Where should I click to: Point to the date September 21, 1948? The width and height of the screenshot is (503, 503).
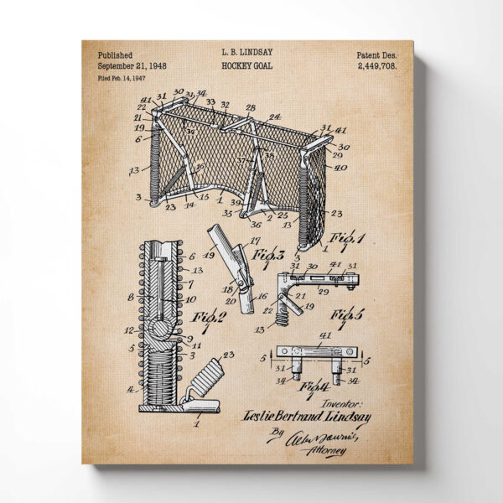132,65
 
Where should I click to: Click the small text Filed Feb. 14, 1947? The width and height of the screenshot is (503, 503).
122,77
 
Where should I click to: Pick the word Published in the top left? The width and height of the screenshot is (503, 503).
115,54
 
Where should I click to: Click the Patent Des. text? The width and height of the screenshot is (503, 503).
376,54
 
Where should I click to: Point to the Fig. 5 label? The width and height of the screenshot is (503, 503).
347,315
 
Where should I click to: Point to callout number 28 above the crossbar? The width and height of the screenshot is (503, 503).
249,108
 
